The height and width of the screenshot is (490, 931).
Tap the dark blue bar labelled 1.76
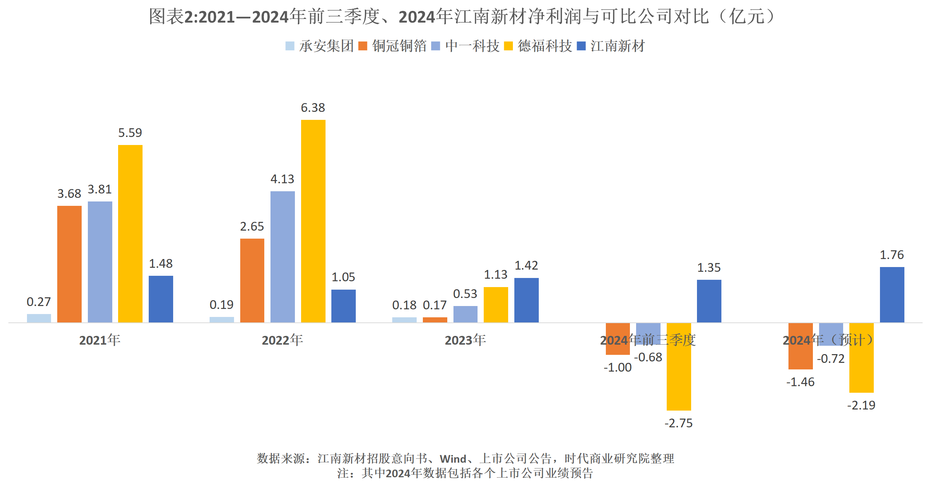point(892,295)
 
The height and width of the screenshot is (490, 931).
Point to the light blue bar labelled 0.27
point(39,318)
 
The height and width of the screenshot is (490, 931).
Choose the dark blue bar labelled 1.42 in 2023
point(526,300)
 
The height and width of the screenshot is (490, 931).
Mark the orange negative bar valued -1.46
point(800,346)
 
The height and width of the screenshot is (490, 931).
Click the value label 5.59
point(130,133)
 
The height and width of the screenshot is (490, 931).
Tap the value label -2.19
point(861,405)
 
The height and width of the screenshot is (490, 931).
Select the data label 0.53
point(465,294)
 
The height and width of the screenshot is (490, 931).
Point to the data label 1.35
point(709,268)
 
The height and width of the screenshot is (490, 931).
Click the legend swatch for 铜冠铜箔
point(363,46)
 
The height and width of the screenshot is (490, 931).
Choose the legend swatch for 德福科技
point(509,46)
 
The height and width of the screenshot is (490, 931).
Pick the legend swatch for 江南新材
point(581,46)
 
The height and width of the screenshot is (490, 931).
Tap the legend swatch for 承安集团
point(290,46)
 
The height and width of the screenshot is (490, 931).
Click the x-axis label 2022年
point(283,340)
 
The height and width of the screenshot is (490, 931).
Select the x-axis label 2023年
point(465,340)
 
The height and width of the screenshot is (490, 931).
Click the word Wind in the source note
point(453,459)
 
